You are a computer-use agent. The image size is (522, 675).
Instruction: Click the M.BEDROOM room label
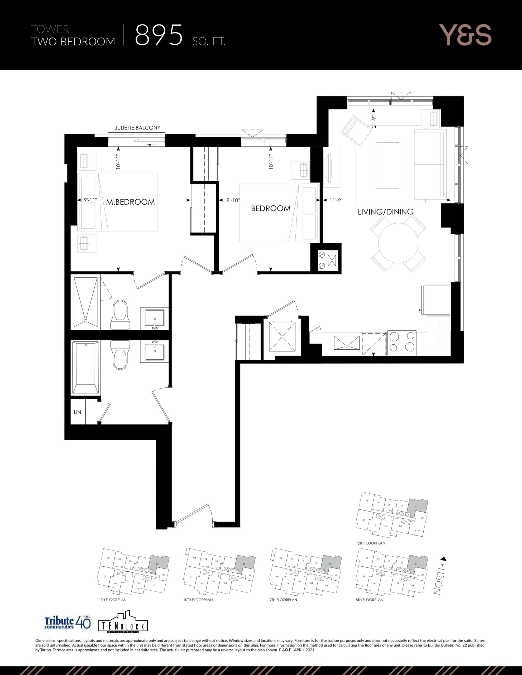pos(130,202)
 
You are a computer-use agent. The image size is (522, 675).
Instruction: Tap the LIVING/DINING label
pos(385,212)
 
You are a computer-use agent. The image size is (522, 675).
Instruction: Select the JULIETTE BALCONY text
pos(138,128)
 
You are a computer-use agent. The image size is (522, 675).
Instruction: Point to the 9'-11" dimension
pos(90,200)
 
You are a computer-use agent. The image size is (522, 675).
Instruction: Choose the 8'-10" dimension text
pos(233,200)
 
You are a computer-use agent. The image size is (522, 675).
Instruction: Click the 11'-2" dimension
pos(336,200)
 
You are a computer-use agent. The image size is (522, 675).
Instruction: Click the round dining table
pos(398,243)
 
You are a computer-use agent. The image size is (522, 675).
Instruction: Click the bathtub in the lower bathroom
pos(85,368)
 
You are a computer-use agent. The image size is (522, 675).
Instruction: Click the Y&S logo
pos(465,35)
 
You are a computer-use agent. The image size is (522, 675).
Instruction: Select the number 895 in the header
pos(159,35)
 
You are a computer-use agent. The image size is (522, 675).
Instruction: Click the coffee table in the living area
pos(387,165)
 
